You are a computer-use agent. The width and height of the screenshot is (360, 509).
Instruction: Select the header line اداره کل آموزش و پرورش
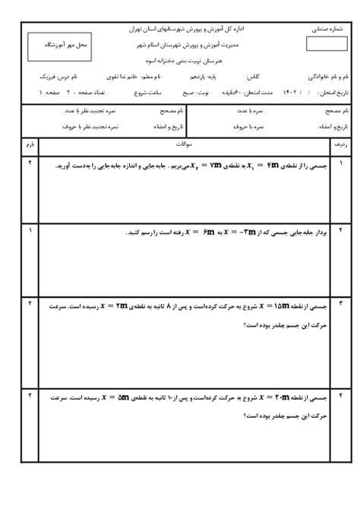point(183,29)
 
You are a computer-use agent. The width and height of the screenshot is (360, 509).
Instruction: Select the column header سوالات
point(183,143)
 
